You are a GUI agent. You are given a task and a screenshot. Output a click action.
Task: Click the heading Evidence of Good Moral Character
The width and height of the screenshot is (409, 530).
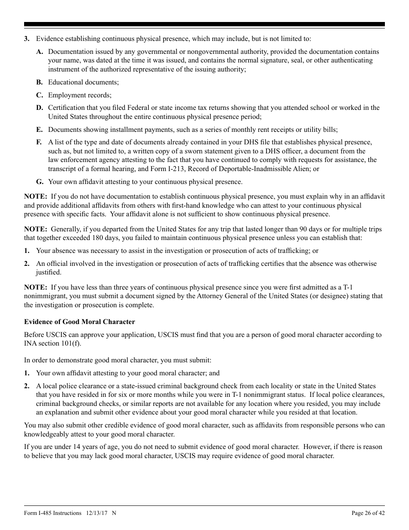pos(79,322)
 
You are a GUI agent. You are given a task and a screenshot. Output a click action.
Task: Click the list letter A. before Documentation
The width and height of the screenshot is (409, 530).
pos(40,52)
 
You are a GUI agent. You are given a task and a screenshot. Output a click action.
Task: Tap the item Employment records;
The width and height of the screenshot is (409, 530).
pos(80,95)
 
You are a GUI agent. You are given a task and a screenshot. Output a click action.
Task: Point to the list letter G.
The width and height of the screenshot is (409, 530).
pos(40,182)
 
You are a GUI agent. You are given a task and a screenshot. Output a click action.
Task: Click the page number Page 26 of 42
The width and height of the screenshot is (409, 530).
pos(368,513)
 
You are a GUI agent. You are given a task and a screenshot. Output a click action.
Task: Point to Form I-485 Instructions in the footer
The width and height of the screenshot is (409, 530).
pos(53,513)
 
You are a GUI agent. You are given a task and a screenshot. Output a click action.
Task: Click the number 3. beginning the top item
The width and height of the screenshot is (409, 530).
pos(27,39)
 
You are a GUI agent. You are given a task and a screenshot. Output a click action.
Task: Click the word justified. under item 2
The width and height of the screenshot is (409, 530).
pos(49,272)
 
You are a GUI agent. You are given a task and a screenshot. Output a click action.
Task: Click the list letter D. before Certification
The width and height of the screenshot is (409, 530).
pos(40,108)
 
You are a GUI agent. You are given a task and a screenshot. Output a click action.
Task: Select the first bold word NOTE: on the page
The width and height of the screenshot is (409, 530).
pos(35,196)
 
